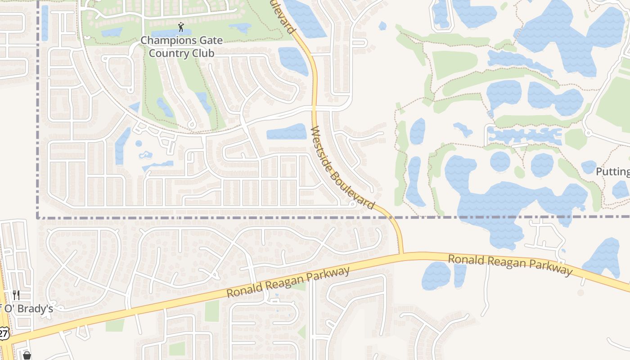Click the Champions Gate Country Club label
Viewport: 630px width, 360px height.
(x=181, y=47)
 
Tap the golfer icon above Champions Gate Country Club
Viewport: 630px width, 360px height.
(x=181, y=27)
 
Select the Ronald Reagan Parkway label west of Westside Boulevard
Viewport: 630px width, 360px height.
(x=288, y=282)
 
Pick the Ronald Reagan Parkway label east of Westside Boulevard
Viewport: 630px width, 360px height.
(x=510, y=264)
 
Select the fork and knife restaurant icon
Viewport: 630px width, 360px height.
(x=16, y=295)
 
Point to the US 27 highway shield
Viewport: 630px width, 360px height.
(x=4, y=333)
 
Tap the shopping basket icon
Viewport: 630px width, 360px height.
(x=27, y=356)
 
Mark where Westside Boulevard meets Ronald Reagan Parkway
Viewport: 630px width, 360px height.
(x=401, y=254)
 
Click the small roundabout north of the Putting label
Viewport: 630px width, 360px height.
(x=588, y=133)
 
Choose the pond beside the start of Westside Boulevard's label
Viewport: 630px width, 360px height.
(x=287, y=131)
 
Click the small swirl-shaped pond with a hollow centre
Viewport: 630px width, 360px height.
(x=145, y=156)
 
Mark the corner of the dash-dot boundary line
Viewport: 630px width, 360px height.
(x=37, y=218)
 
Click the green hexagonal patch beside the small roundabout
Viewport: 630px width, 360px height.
(x=576, y=139)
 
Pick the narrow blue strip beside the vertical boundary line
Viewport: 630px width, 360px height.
(x=45, y=22)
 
